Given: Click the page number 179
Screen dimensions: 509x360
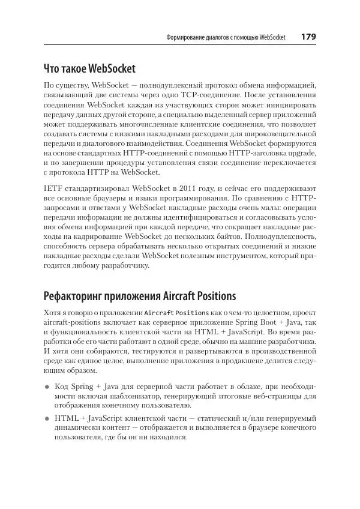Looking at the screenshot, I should tap(308, 37).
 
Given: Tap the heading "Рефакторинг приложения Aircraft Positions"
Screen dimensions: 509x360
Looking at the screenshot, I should tap(140, 296).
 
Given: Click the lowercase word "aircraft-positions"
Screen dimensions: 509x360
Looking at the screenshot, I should tap(73, 323).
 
